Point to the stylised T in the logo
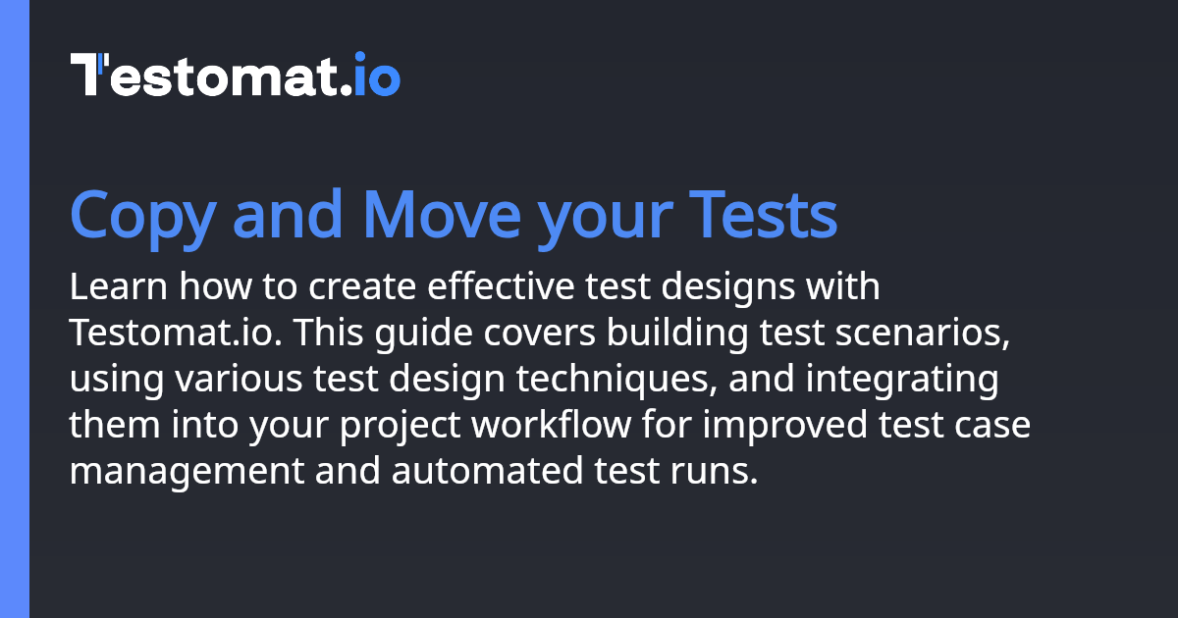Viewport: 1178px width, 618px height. point(86,75)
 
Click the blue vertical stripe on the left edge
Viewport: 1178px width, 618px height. point(15,309)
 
